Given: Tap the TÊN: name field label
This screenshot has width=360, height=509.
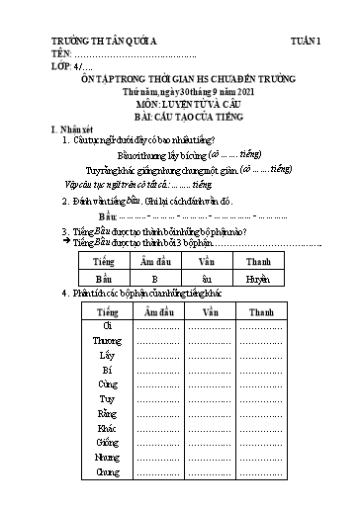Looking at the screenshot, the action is click(x=61, y=55).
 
